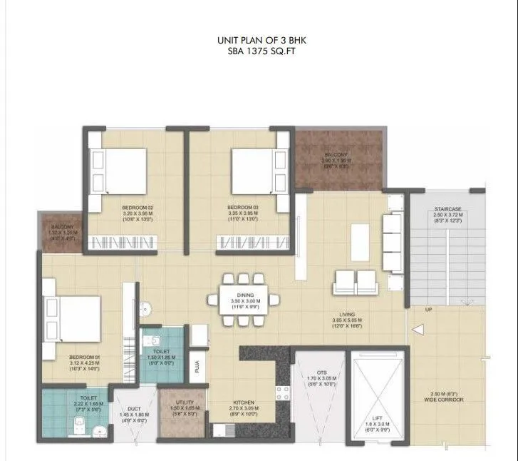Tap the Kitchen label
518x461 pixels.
[x=244, y=406]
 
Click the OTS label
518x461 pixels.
[x=318, y=373]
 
